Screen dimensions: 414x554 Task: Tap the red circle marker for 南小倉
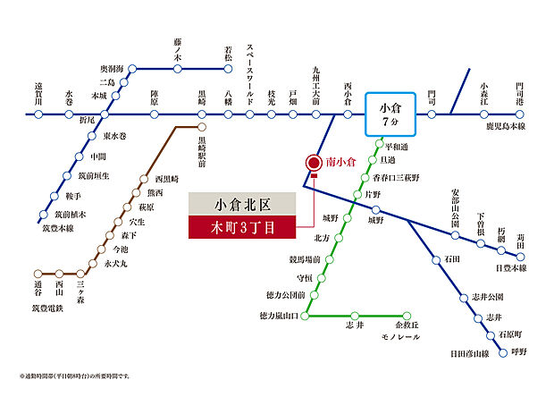coord(314,163)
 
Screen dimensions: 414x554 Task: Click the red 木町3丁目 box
coord(243,227)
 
